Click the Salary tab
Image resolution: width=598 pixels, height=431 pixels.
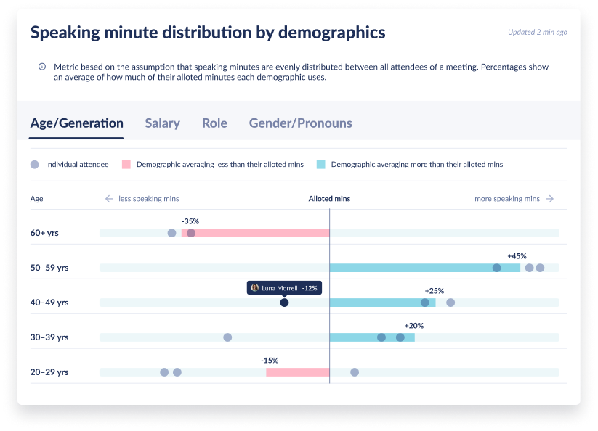click(162, 123)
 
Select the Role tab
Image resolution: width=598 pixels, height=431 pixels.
click(214, 123)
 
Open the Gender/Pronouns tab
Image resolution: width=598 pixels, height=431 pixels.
click(300, 123)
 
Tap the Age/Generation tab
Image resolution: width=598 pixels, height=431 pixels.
click(76, 123)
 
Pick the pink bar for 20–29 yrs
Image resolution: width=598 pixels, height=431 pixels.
click(297, 372)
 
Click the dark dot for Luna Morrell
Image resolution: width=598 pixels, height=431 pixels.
click(284, 303)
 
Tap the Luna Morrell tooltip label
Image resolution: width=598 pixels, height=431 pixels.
click(283, 287)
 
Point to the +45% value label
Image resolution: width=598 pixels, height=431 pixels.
click(517, 256)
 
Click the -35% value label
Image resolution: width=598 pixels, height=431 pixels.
click(190, 221)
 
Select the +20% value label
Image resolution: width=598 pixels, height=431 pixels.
click(413, 326)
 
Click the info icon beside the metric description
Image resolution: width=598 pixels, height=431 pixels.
click(42, 67)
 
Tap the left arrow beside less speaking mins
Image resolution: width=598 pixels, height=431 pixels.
click(109, 199)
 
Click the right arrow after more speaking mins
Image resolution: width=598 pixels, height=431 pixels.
click(550, 199)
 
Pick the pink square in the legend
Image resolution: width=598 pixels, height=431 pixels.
click(126, 165)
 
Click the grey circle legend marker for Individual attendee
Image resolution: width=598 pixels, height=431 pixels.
click(35, 165)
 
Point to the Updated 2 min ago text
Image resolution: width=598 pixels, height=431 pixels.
click(538, 33)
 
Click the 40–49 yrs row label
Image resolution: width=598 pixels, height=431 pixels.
click(49, 303)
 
